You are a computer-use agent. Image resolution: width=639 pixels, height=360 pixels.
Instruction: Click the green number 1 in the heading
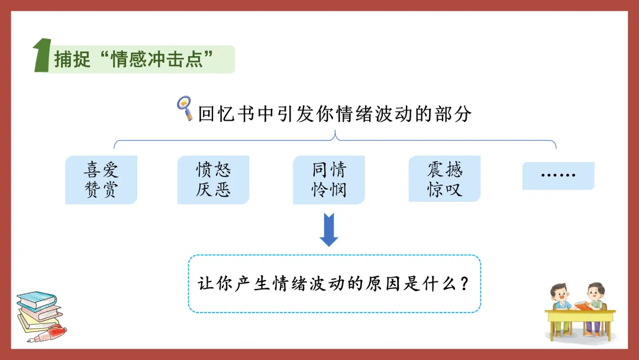(x=41, y=57)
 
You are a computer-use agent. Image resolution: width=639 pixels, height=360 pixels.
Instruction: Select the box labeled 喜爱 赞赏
(x=101, y=180)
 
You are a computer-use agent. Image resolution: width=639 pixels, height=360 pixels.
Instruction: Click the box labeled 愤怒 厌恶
(x=213, y=180)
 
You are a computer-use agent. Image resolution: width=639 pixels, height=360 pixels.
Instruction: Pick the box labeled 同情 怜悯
(x=329, y=180)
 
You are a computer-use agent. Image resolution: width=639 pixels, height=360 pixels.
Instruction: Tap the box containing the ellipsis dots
(x=558, y=175)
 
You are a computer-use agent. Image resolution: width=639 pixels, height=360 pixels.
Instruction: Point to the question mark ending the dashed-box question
(x=464, y=284)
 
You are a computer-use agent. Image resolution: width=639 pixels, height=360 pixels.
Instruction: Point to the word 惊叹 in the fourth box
(x=444, y=190)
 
